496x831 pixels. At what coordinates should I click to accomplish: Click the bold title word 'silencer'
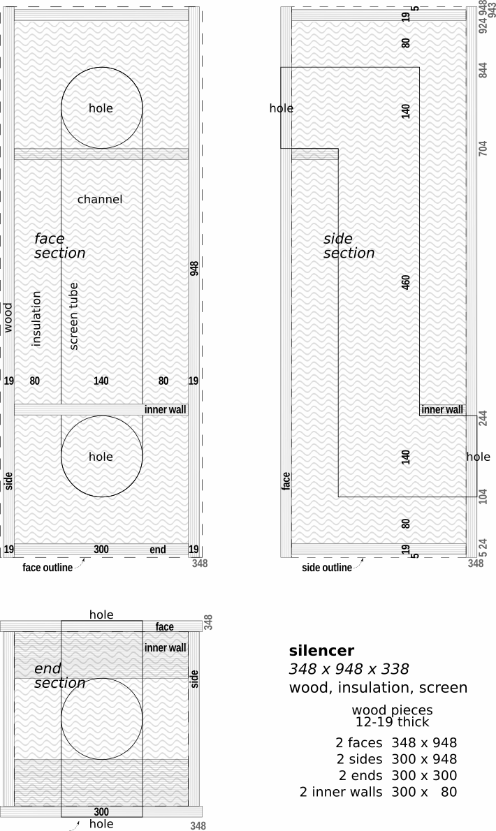[x=321, y=650]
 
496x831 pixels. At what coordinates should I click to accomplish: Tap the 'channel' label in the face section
[x=100, y=199]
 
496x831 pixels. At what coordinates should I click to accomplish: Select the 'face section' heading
[x=60, y=246]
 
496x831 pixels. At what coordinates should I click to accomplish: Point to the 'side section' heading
[x=349, y=246]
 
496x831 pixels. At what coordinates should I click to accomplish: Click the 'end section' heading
[x=60, y=676]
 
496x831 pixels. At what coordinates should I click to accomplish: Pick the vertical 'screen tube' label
[x=73, y=316]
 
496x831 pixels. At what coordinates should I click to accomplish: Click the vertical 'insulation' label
[x=36, y=318]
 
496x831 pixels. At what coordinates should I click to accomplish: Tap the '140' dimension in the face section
[x=101, y=381]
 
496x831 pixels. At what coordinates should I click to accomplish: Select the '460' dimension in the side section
[x=406, y=282]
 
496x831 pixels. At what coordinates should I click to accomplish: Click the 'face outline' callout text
[x=48, y=568]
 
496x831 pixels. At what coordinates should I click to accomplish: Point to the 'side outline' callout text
[x=327, y=568]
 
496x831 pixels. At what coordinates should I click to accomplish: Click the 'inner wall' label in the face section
[x=166, y=410]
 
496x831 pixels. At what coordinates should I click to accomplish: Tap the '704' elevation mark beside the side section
[x=483, y=148]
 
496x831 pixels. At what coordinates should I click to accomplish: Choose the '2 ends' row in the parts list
[x=360, y=775]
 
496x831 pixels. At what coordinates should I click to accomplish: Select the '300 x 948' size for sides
[x=424, y=759]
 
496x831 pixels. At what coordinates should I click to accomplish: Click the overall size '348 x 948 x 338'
[x=349, y=669]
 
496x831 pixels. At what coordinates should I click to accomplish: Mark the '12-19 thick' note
[x=392, y=722]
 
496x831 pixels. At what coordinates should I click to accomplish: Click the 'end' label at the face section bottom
[x=157, y=550]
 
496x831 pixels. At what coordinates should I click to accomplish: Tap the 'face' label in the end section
[x=164, y=627]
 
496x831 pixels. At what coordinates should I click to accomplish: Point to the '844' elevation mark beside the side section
[x=483, y=71]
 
